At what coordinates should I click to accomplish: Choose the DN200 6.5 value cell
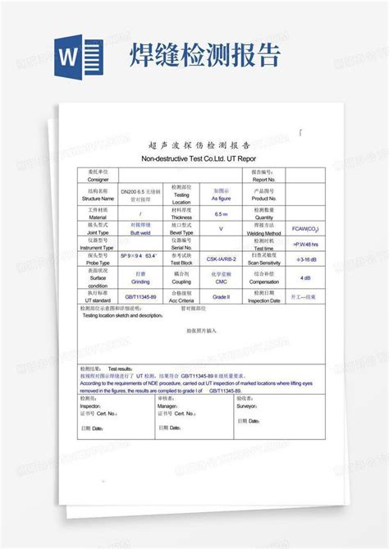coord(141,194)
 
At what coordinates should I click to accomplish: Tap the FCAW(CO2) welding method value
coord(305,228)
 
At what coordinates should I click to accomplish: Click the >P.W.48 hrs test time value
coord(305,245)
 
